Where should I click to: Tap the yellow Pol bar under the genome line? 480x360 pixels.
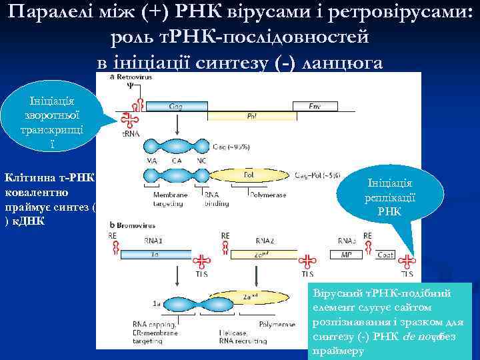click(x=252, y=115)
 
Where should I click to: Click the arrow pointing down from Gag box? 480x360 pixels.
click(x=176, y=126)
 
